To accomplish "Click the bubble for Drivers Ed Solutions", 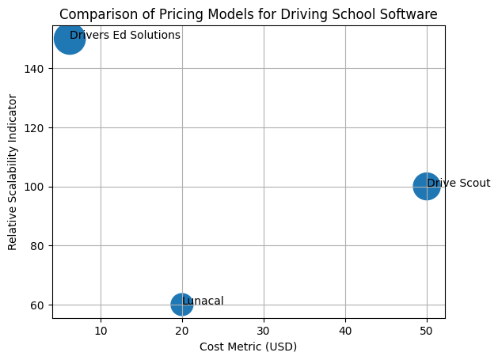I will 70,39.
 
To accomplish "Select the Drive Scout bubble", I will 426,187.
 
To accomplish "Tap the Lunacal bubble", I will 182,305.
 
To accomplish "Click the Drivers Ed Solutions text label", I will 125,36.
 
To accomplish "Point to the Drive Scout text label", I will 458,184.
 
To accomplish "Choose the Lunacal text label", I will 203,301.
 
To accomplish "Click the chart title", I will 249,14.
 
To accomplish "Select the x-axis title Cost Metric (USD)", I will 249,347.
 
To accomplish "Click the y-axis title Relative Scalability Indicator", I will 13,172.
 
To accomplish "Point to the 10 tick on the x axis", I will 101,329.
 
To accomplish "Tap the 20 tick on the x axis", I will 182,329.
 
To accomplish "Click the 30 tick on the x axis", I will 264,329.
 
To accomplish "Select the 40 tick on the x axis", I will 345,329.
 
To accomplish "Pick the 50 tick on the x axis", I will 427,329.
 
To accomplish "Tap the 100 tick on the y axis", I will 36,187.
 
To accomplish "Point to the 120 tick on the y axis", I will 36,127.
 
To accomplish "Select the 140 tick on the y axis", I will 36,69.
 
